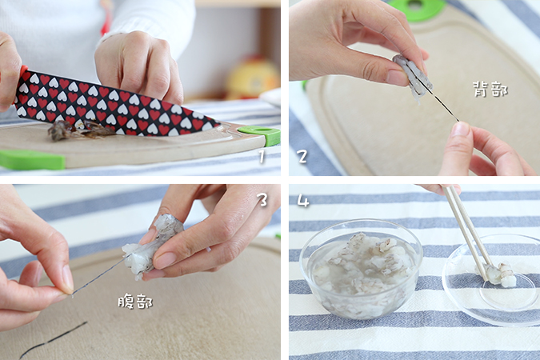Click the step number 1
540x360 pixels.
pyautogui.click(x=262, y=156)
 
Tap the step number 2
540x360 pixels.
pyautogui.click(x=302, y=156)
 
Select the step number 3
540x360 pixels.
pyautogui.click(x=262, y=199)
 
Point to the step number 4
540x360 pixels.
pyautogui.click(x=302, y=201)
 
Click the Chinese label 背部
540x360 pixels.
pyautogui.click(x=490, y=90)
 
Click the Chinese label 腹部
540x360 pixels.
pyautogui.click(x=135, y=302)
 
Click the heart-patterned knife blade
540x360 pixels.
pyautogui.click(x=114, y=103)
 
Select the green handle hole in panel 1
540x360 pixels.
pyautogui.click(x=259, y=132)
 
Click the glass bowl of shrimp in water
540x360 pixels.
pyautogui.click(x=361, y=268)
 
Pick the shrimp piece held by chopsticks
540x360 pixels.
pyautogui.click(x=498, y=274)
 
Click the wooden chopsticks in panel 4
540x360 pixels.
pyautogui.click(x=468, y=230)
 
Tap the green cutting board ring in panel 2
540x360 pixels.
pyautogui.click(x=415, y=10)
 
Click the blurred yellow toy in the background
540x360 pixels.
pyautogui.click(x=252, y=78)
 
